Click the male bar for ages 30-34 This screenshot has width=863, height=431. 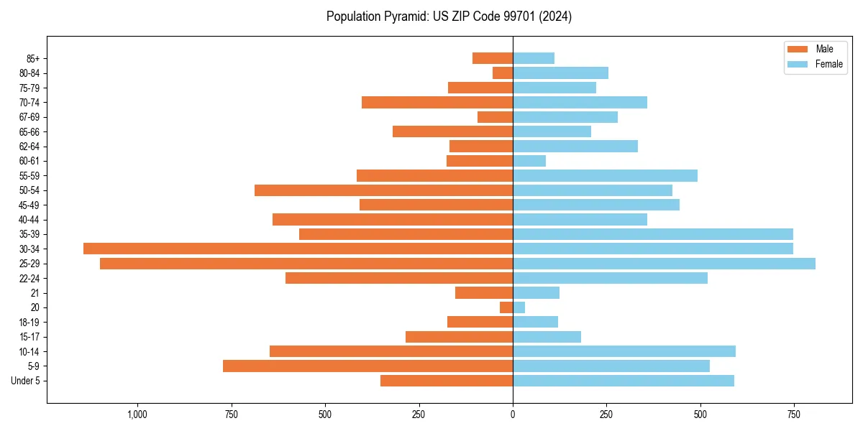(298, 249)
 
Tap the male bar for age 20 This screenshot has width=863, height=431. (506, 307)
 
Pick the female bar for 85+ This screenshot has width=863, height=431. (534, 58)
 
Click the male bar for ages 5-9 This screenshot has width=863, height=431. (367, 366)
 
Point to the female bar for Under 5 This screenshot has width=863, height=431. (624, 381)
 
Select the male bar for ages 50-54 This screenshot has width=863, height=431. (383, 190)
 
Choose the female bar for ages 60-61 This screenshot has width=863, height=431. (529, 161)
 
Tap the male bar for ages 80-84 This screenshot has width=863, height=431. (503, 73)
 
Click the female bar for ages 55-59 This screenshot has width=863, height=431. (605, 175)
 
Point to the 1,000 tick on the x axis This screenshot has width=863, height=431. (137, 414)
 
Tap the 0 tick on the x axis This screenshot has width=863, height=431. (513, 414)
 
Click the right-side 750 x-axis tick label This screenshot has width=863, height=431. (794, 414)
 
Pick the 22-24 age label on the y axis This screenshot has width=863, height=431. (29, 278)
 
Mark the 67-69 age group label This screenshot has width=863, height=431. (29, 117)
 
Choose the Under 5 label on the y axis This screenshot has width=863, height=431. (25, 381)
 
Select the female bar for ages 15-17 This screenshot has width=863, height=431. (547, 337)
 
